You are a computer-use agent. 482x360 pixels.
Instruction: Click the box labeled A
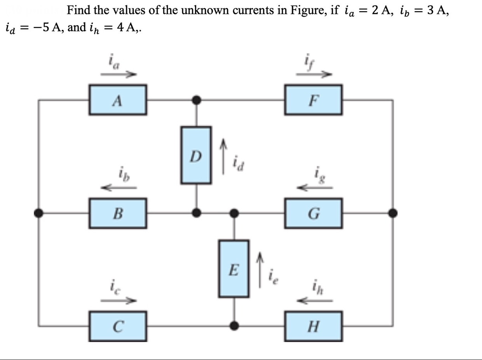point(118,100)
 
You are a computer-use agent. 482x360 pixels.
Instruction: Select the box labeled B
point(118,213)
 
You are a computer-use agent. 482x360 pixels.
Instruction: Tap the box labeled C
point(118,325)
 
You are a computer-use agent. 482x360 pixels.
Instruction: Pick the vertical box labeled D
point(196,155)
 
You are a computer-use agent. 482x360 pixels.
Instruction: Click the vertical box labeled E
point(233,268)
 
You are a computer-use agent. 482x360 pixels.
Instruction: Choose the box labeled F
point(313,100)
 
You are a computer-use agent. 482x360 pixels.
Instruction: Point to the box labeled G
point(313,213)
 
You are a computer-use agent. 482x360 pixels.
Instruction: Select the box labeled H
point(313,325)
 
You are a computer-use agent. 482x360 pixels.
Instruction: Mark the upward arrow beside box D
point(223,157)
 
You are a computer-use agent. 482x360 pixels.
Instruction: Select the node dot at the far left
point(38,213)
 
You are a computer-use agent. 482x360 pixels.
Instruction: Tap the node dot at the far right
point(393,213)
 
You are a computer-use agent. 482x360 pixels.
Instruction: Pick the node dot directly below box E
point(234,325)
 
